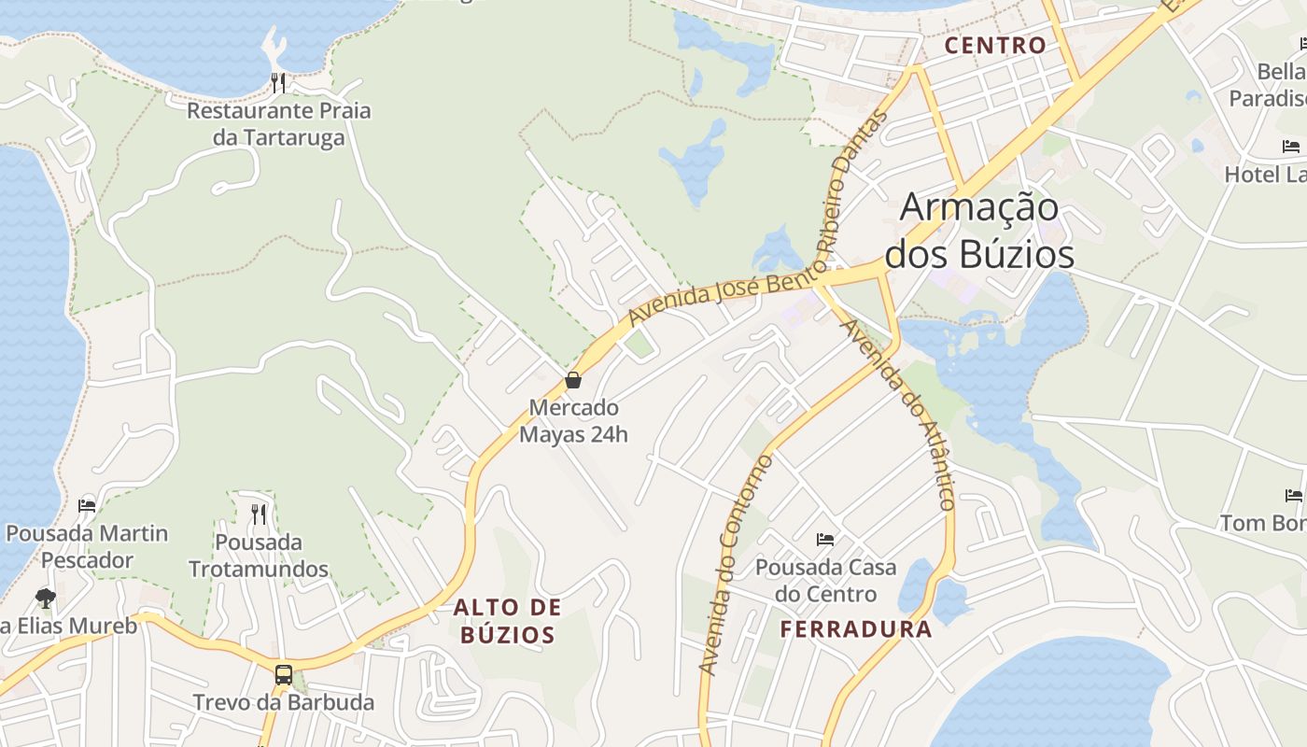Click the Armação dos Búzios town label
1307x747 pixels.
point(978,231)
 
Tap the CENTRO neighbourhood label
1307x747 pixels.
point(995,45)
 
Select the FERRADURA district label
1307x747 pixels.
point(856,628)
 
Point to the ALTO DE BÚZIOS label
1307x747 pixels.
point(508,621)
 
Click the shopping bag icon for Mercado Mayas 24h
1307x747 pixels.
point(573,380)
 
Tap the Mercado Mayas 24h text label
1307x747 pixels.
point(573,421)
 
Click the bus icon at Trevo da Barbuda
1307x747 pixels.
point(283,674)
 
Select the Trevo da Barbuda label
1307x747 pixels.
point(283,702)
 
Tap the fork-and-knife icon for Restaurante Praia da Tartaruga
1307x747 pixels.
point(277,82)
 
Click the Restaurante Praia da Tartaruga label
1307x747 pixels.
point(278,124)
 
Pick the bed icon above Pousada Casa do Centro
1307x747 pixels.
point(825,539)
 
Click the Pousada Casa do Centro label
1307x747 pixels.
point(825,580)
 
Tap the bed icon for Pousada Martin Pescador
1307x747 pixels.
point(87,505)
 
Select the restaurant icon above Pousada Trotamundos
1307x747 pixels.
point(259,514)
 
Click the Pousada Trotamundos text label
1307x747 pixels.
point(259,556)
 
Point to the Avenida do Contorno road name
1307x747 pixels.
point(736,565)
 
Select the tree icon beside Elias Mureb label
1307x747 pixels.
point(45,598)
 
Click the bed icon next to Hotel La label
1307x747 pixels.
point(1291,147)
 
